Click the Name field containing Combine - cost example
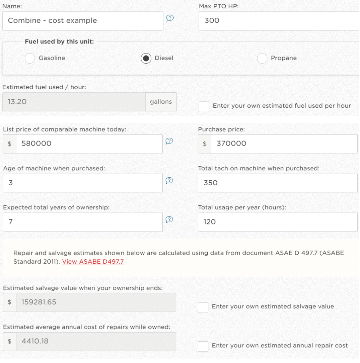click(82, 21)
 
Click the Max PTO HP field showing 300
click(279, 21)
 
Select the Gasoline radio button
click(30, 58)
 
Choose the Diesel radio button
click(146, 58)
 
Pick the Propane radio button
click(262, 58)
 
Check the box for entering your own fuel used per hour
click(204, 107)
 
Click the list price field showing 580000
click(89, 144)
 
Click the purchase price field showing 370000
click(284, 144)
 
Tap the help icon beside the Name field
click(170, 18)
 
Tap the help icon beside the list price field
click(169, 141)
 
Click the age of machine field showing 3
click(82, 183)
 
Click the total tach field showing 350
click(278, 183)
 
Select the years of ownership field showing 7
click(82, 222)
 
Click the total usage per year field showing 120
click(278, 222)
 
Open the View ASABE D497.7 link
click(93, 262)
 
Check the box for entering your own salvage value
click(203, 307)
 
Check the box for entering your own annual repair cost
click(203, 346)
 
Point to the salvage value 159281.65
click(39, 302)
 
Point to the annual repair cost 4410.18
click(35, 342)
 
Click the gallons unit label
click(161, 102)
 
